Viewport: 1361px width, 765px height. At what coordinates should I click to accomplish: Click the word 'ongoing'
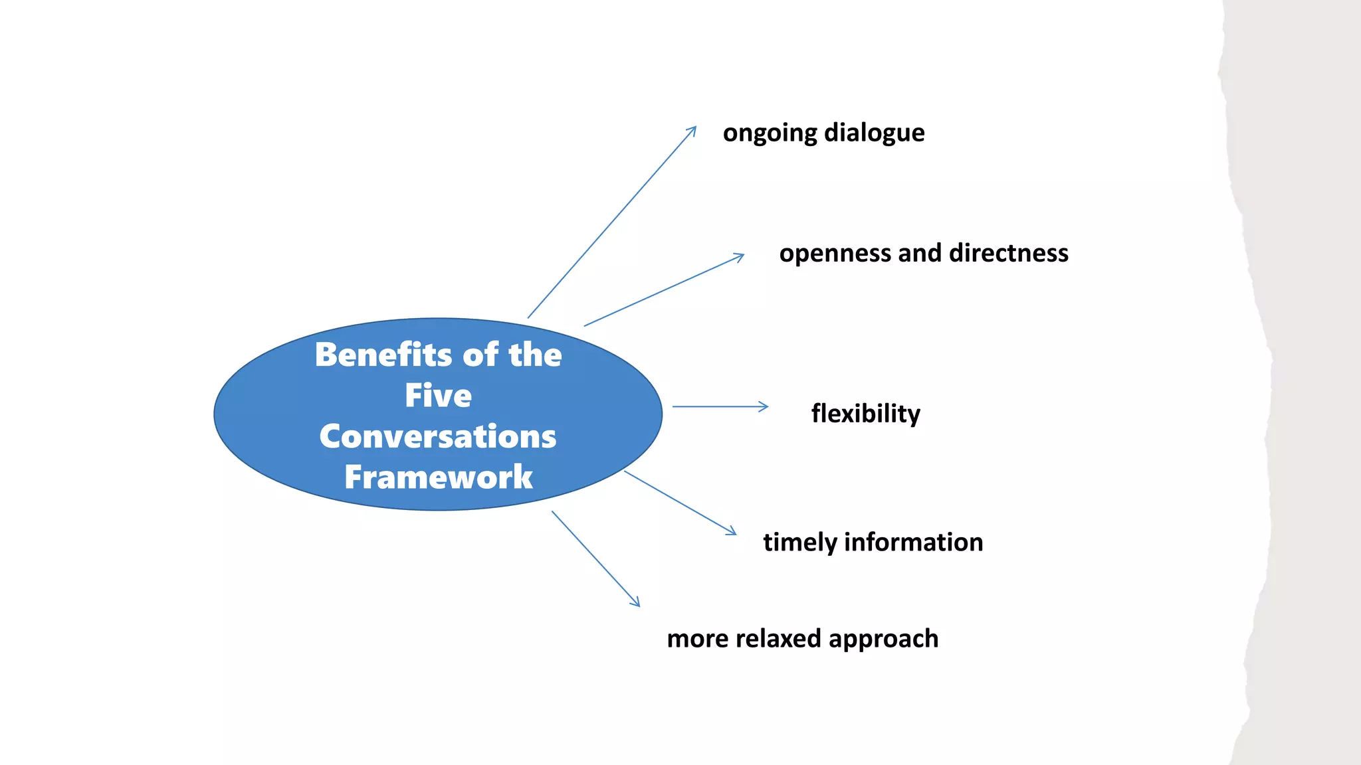point(770,133)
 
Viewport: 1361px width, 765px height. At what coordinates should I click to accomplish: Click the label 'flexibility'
point(865,414)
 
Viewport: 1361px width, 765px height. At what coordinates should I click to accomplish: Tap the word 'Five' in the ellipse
point(438,396)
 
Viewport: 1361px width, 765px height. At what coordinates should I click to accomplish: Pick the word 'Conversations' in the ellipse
point(438,436)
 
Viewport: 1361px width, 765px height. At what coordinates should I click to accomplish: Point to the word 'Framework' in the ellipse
point(438,477)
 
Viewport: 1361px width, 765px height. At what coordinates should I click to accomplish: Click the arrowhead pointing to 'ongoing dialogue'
point(693,129)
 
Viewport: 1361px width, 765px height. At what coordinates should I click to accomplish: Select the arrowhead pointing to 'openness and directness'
point(740,256)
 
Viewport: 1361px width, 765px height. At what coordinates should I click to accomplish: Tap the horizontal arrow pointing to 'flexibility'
point(721,406)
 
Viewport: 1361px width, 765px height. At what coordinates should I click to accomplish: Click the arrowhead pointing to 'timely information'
point(732,531)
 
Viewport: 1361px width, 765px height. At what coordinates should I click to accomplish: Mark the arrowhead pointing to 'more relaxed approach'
point(637,603)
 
